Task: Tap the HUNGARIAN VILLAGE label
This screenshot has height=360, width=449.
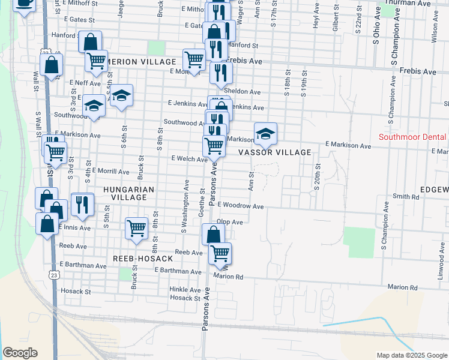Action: pyautogui.click(x=129, y=190)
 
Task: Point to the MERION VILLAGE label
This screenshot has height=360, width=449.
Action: pyautogui.click(x=140, y=62)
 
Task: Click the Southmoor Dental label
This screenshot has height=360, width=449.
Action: pyautogui.click(x=412, y=137)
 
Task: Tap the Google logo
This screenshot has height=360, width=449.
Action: pyautogui.click(x=20, y=353)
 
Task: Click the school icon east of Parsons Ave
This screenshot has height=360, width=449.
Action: pyautogui.click(x=265, y=133)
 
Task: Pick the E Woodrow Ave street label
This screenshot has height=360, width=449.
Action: pyautogui.click(x=241, y=206)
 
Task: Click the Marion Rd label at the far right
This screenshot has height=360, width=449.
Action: pyautogui.click(x=402, y=287)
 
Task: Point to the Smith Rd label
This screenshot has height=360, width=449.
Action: pyautogui.click(x=405, y=196)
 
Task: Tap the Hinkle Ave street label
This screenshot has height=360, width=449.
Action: pyautogui.click(x=185, y=289)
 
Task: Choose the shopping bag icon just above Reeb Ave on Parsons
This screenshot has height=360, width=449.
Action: pyautogui.click(x=213, y=234)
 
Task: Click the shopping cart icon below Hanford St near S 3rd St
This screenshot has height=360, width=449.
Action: pyautogui.click(x=95, y=60)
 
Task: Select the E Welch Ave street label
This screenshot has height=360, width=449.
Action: pyautogui.click(x=189, y=159)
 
